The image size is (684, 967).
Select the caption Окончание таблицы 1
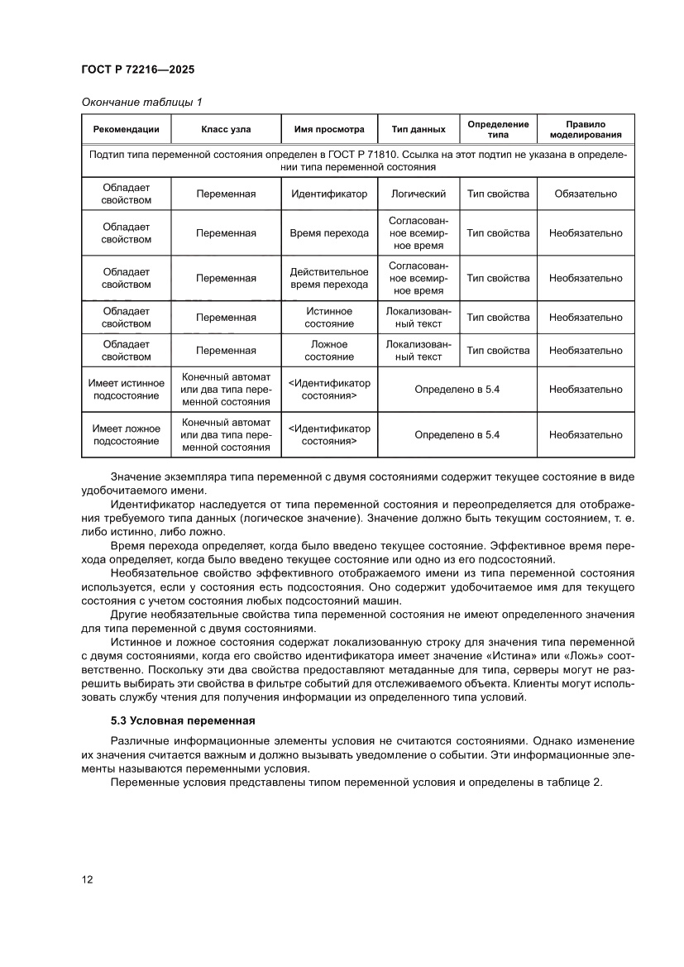click(141, 102)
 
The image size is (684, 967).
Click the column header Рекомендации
click(127, 129)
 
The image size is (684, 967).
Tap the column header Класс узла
click(226, 129)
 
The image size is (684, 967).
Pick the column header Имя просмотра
click(329, 129)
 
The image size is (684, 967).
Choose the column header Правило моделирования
click(586, 129)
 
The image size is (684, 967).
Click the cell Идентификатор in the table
click(329, 194)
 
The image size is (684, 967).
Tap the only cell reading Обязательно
click(586, 194)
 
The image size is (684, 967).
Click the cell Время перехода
click(329, 233)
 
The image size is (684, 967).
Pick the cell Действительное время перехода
click(329, 278)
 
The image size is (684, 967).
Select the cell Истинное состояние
click(329, 318)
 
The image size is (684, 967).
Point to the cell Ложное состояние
click(329, 351)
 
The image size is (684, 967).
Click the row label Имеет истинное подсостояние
click(127, 390)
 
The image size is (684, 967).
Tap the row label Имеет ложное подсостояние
click(127, 435)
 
